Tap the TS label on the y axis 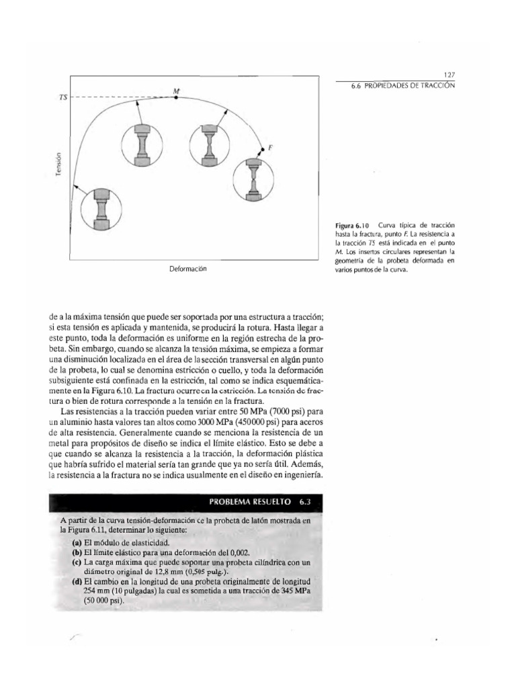coord(63,98)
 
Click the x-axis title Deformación coord(187,269)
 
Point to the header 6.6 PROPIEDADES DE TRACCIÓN coord(403,87)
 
